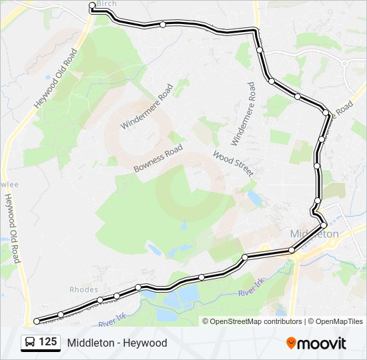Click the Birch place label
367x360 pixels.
click(x=107, y=4)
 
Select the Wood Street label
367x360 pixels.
click(x=233, y=163)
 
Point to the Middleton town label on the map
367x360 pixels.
click(x=315, y=234)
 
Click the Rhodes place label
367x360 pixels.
click(x=83, y=289)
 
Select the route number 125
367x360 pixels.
click(x=47, y=342)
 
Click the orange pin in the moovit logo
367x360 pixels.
click(x=292, y=343)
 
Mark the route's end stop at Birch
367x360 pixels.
click(x=92, y=5)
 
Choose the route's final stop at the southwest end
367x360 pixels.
click(x=37, y=321)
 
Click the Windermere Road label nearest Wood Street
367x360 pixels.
click(x=243, y=114)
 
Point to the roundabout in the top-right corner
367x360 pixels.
click(x=345, y=63)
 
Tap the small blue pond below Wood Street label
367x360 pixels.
click(x=254, y=198)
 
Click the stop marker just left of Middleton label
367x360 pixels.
click(x=292, y=250)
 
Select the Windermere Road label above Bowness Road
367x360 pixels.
click(x=147, y=106)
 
